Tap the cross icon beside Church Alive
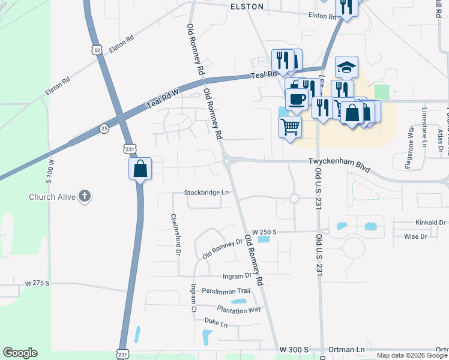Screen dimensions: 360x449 (x=85, y=196)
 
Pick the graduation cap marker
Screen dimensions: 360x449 (x=347, y=68)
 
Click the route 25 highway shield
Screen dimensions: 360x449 (x=104, y=128)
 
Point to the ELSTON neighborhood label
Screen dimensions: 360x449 (x=247, y=6)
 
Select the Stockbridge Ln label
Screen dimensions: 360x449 (x=206, y=193)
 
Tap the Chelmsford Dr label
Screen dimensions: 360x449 (x=176, y=235)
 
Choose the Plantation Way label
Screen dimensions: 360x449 (x=239, y=309)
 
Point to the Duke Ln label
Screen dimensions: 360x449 (x=216, y=324)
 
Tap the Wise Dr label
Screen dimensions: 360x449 (x=415, y=236)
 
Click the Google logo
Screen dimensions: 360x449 (x=20, y=353)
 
